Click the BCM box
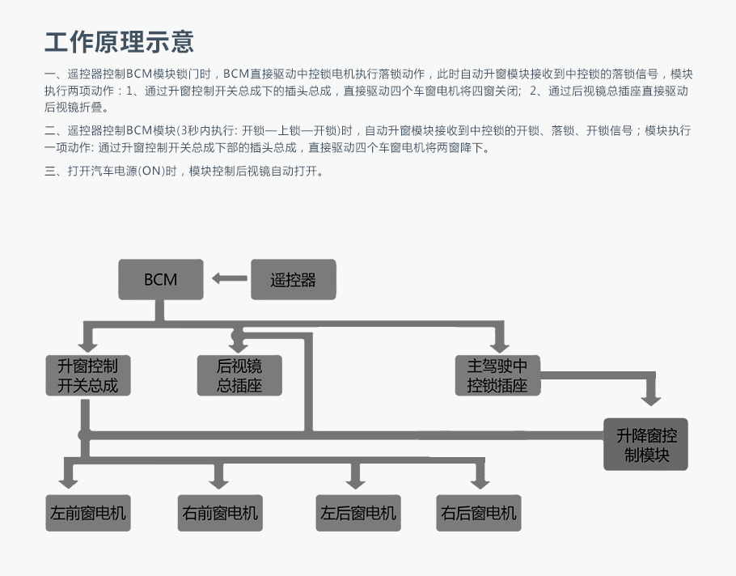pos(160,279)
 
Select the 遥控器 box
pos(294,279)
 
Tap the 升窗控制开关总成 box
pos(88,375)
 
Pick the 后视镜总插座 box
pos(239,375)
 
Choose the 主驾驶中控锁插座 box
pos(497,375)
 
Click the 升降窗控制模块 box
pos(646,444)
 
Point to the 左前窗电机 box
pos(88,513)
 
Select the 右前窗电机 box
pos(220,513)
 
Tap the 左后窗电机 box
pos(358,513)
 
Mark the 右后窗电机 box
pos(479,513)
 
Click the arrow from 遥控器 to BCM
pos(230,278)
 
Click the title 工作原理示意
pos(119,42)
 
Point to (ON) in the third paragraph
pos(151,171)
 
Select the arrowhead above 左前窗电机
pos(69,483)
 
